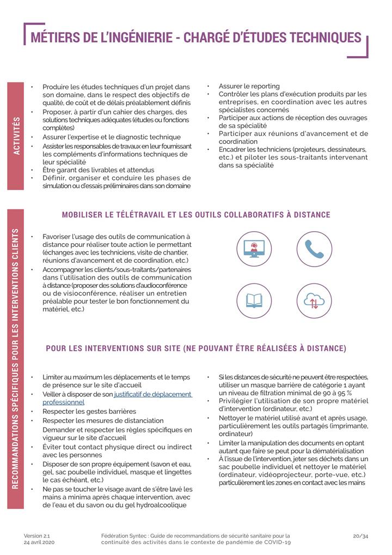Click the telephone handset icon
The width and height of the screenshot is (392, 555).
pos(314,249)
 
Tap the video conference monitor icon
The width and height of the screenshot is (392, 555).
pos(254,249)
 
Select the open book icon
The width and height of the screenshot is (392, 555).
pos(254,301)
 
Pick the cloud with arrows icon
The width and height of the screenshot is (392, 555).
pos(314,301)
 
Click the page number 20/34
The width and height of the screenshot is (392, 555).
pos(360,536)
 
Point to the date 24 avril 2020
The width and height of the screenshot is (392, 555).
pos(39,543)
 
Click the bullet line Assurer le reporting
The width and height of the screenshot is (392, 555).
pos(249,86)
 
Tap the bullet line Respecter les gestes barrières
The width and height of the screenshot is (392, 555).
pos(89,412)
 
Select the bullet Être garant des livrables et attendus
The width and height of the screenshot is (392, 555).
pos(98,170)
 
